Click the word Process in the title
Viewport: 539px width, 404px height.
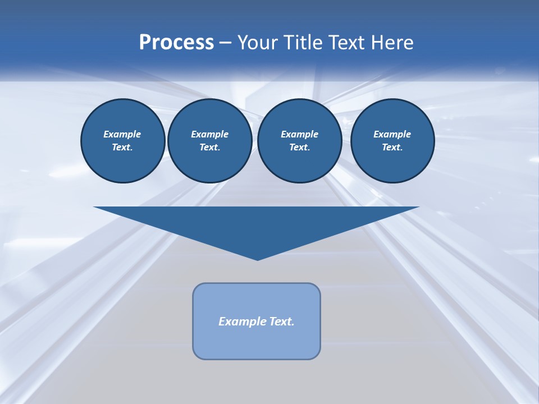[176, 43]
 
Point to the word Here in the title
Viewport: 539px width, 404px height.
[395, 43]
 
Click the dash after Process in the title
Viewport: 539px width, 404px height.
[225, 44]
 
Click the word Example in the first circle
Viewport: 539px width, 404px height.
[122, 134]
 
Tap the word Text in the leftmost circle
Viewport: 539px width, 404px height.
[122, 148]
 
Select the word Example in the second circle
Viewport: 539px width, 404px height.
[209, 134]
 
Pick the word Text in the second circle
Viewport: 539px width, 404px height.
[209, 148]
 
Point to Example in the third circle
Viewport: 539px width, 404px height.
[299, 134]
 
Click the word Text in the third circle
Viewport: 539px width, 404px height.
[299, 148]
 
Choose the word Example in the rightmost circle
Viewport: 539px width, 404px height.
[392, 134]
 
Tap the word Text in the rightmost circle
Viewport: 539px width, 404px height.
[392, 148]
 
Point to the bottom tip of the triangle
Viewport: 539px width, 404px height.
[257, 259]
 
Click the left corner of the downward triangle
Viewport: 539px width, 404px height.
[95, 208]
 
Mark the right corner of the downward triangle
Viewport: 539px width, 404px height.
[418, 208]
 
